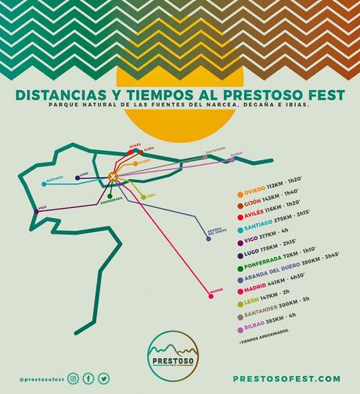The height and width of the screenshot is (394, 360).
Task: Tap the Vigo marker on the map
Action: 35,211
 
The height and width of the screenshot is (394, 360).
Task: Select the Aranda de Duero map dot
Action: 208,238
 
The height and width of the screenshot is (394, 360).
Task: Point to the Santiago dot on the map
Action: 43,184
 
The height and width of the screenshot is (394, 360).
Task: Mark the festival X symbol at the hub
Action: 113,177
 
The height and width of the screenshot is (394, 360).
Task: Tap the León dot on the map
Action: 142,196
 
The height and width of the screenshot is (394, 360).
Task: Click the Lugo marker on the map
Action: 77,177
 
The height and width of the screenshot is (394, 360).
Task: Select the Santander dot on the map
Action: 205,156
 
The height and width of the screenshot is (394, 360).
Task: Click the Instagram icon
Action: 73,378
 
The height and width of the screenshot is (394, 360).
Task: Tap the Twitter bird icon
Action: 103,378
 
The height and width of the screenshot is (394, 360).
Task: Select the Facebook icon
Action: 88,378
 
